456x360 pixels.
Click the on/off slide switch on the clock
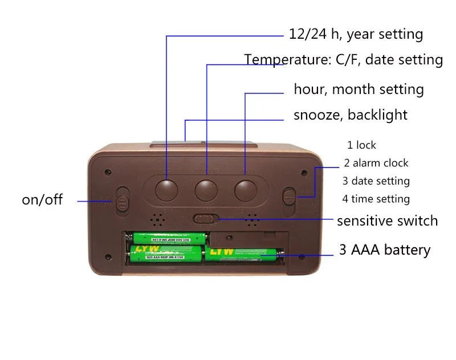pyautogui.click(x=123, y=201)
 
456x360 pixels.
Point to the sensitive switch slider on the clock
pyautogui.click(x=205, y=218)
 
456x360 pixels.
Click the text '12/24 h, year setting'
pyautogui.click(x=356, y=34)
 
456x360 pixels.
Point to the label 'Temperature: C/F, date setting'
pyautogui.click(x=343, y=59)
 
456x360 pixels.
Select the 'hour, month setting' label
pyautogui.click(x=359, y=89)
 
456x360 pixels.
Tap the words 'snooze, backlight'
pyautogui.click(x=350, y=115)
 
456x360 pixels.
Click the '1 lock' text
pyautogui.click(x=361, y=145)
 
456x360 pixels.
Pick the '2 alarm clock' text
pyautogui.click(x=376, y=163)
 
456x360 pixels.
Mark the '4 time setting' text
pyautogui.click(x=376, y=199)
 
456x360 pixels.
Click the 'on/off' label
pyautogui.click(x=42, y=200)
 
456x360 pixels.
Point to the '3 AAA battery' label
pyautogui.click(x=385, y=249)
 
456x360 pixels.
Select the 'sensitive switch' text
pyautogui.click(x=387, y=220)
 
